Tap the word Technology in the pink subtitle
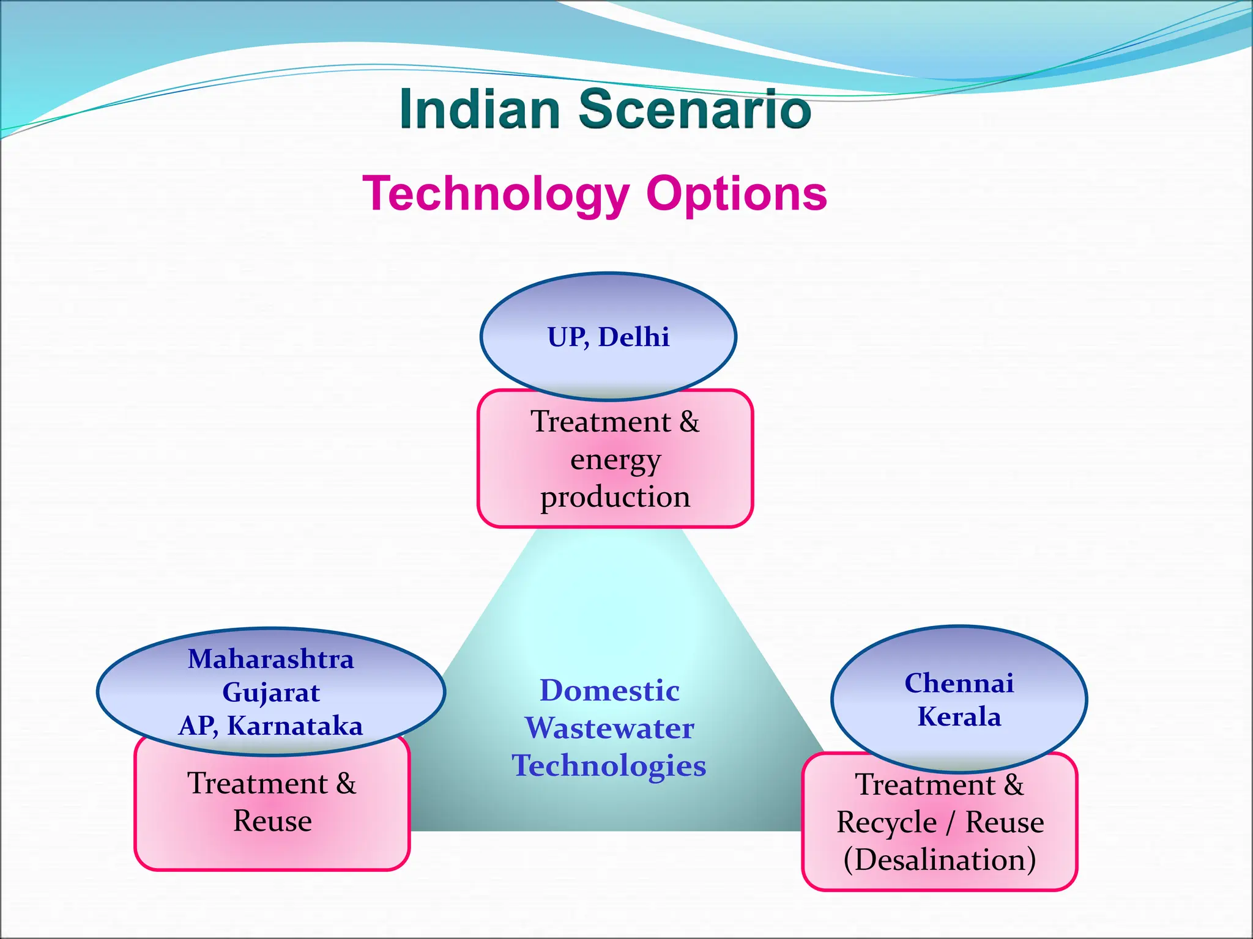click(496, 193)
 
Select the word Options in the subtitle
click(737, 193)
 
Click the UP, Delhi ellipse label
click(608, 337)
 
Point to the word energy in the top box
click(615, 460)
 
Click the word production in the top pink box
click(615, 497)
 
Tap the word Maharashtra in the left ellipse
click(270, 659)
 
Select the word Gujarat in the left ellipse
click(270, 693)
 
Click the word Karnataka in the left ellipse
click(295, 726)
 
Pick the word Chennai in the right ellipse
click(959, 683)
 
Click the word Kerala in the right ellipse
click(959, 716)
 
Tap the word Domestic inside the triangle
click(609, 690)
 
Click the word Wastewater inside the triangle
click(609, 728)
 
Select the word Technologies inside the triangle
click(609, 765)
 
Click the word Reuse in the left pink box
click(272, 820)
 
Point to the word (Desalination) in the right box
click(940, 860)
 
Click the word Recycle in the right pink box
click(887, 822)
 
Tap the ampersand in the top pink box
click(689, 422)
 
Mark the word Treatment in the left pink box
click(258, 783)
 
